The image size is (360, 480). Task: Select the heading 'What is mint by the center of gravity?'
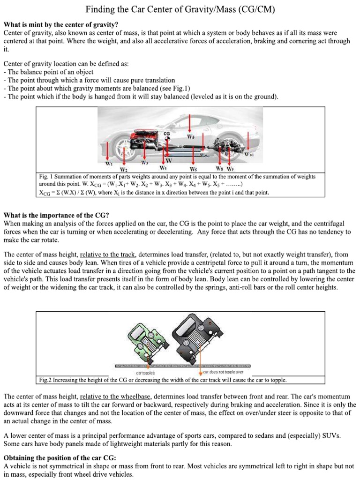[61, 24]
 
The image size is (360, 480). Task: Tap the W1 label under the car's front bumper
[109, 164]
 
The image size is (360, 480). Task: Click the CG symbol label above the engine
[166, 134]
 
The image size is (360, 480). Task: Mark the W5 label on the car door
[190, 137]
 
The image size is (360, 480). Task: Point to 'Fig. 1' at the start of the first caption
[46, 177]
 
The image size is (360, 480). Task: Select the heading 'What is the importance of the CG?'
[56, 216]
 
